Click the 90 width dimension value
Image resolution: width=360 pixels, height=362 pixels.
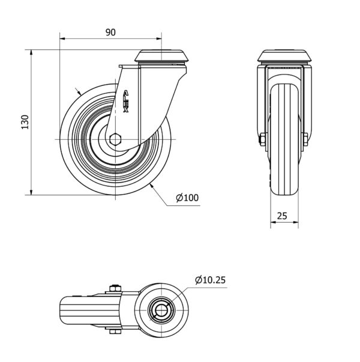pos(110,33)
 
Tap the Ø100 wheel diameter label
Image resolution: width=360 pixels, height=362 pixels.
pos(187,198)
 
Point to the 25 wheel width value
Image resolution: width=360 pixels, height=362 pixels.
pos(283,214)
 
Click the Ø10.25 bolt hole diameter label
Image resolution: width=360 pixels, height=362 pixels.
pos(210,280)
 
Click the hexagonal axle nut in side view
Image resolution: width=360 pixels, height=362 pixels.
pos(116,139)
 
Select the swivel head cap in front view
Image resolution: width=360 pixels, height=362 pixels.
pos(284,58)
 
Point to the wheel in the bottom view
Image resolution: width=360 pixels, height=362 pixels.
pos(84,310)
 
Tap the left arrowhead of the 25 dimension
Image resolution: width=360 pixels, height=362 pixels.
pos(271,222)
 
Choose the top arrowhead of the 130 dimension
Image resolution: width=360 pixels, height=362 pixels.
pos(31,52)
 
